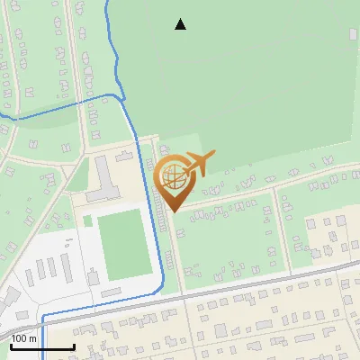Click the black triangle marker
click(x=180, y=24)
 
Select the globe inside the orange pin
click(x=173, y=176)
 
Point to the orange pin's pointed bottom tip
click(x=172, y=211)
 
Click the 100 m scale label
click(x=24, y=338)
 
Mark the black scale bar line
click(x=42, y=346)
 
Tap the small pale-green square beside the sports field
click(x=88, y=220)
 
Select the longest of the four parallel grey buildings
click(x=67, y=267)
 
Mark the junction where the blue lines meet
click(x=121, y=94)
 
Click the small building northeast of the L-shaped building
click(x=125, y=157)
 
